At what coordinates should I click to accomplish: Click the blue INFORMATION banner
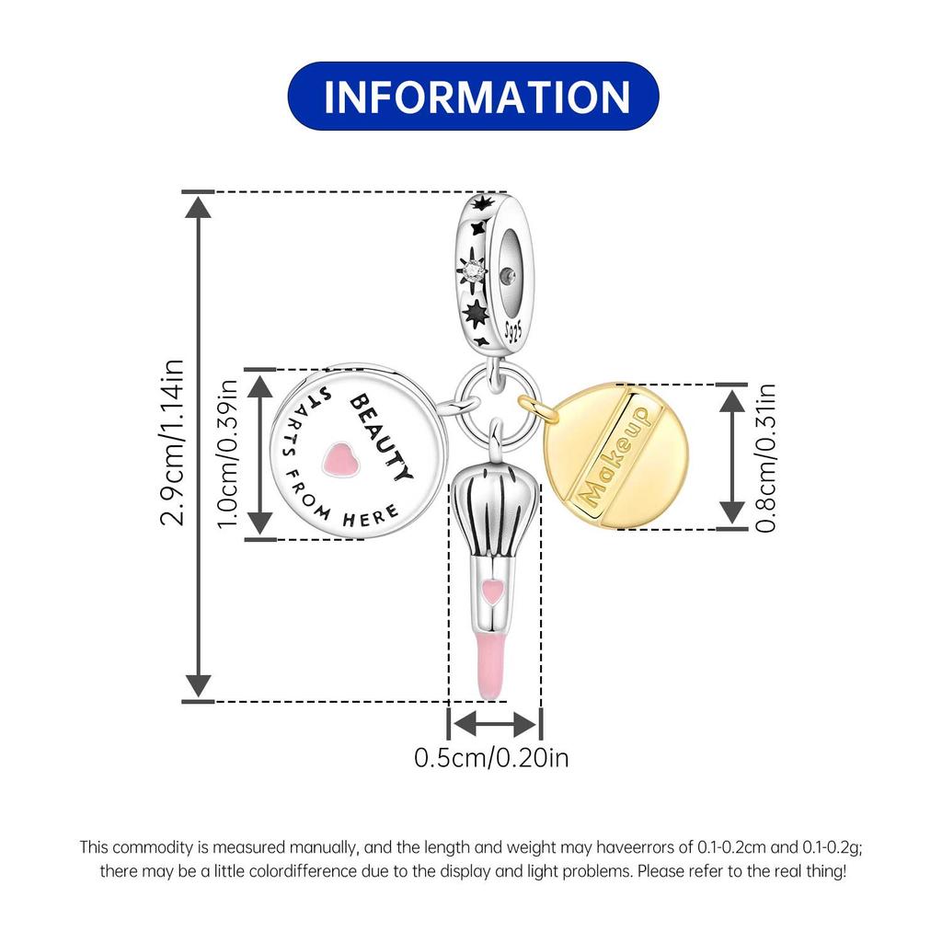[474, 96]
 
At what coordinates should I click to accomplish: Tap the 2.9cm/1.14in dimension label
[172, 442]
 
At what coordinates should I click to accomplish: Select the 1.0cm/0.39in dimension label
[228, 454]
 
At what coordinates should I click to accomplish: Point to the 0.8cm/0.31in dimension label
[765, 458]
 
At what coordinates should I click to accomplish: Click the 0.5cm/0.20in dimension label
[491, 758]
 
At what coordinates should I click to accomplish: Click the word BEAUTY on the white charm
[382, 437]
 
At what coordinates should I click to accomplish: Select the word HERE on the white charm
[371, 516]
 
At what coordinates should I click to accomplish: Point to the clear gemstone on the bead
[474, 271]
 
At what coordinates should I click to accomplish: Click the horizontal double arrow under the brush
[494, 724]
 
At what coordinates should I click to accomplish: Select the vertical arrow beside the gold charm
[732, 456]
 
